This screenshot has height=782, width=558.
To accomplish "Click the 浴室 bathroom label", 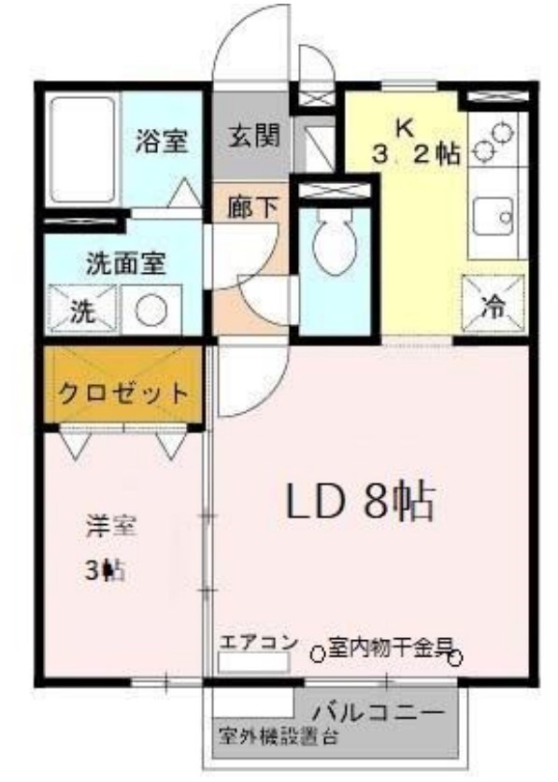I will point(162,141).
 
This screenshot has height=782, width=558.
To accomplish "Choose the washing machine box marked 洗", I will point(82,310).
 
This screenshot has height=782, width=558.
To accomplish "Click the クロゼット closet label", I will point(123,391).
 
